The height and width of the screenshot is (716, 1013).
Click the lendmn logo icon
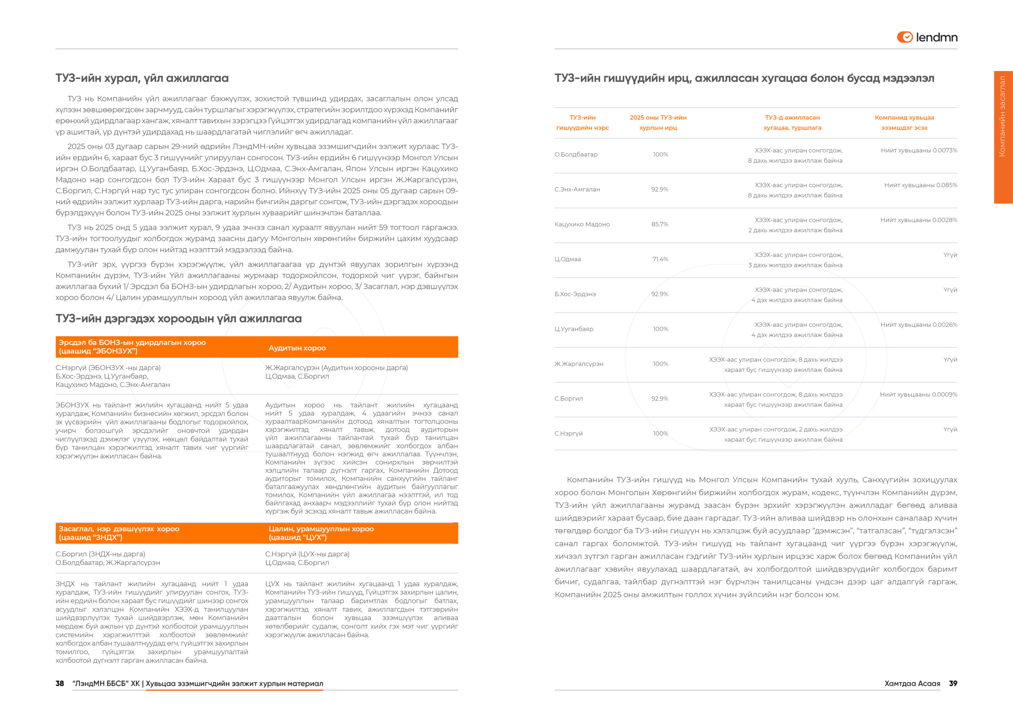pyautogui.click(x=905, y=37)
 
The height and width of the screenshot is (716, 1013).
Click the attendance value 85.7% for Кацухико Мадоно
pyautogui.click(x=660, y=224)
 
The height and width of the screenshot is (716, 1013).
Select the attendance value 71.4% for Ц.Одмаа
pyautogui.click(x=660, y=259)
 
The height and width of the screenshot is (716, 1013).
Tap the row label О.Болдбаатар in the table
pyautogui.click(x=576, y=154)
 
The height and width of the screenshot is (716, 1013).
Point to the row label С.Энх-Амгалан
pyautogui.click(x=577, y=189)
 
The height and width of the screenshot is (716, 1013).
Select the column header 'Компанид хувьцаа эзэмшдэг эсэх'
pyautogui.click(x=904, y=123)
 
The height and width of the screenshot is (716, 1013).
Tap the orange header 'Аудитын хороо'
pyautogui.click(x=297, y=348)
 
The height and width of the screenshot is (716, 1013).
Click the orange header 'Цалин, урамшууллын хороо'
pyautogui.click(x=321, y=533)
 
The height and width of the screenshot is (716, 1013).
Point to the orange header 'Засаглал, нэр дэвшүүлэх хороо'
pyautogui.click(x=119, y=533)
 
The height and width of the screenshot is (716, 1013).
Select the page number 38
pyautogui.click(x=60, y=683)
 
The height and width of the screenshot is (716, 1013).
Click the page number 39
pyautogui.click(x=953, y=683)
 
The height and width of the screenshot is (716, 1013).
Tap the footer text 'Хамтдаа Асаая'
pyautogui.click(x=912, y=683)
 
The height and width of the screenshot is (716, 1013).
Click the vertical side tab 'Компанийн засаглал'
pyautogui.click(x=1002, y=116)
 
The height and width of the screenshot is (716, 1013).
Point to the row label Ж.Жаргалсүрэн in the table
pyautogui.click(x=579, y=364)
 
